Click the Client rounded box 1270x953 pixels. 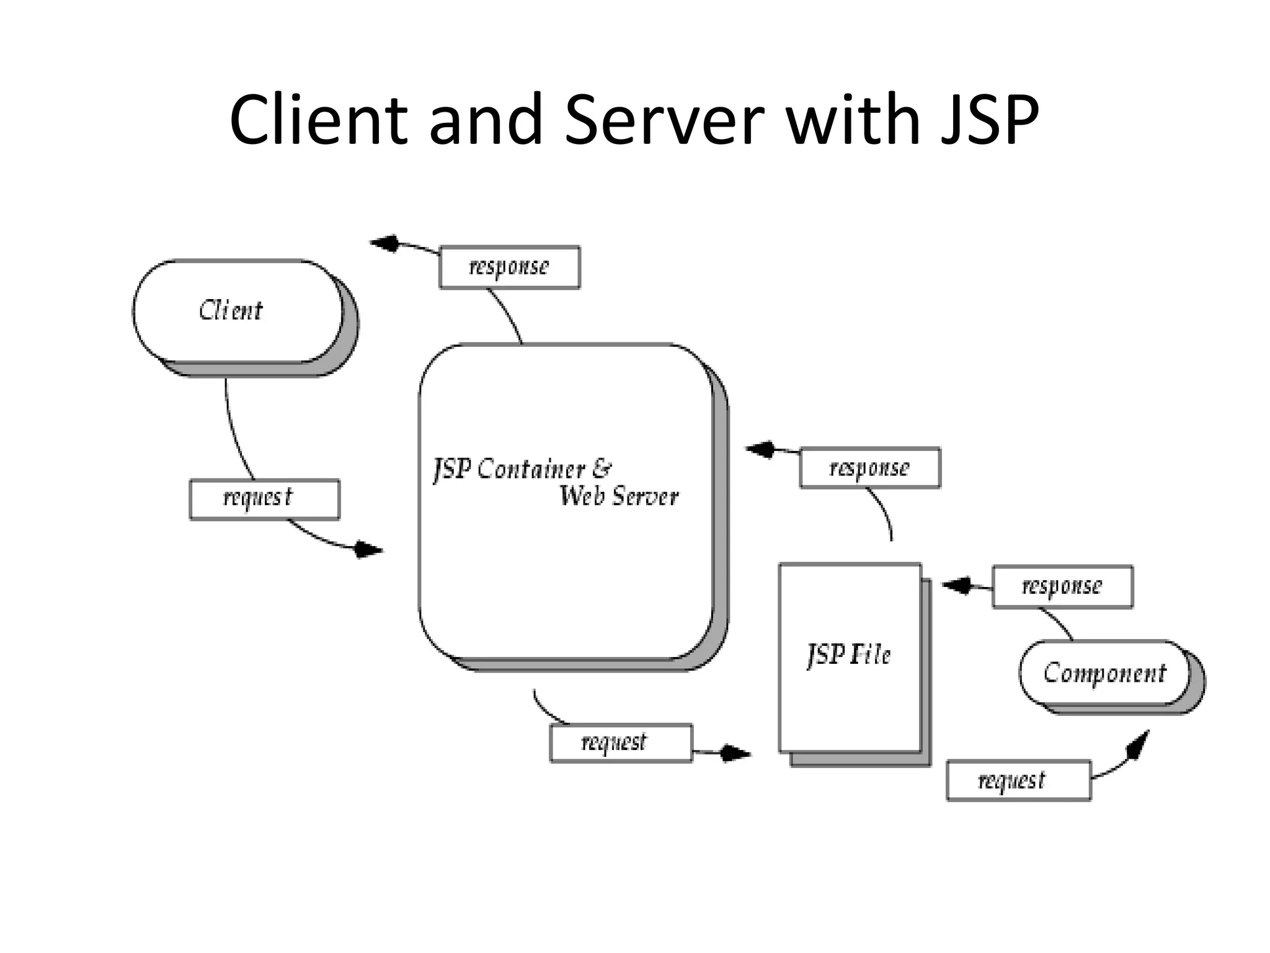[x=238, y=311]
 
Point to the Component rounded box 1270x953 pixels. [x=1104, y=673]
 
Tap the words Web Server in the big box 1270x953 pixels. [x=618, y=496]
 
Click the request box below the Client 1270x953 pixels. [x=264, y=499]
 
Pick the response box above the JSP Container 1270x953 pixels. [x=509, y=267]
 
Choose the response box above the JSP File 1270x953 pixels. [x=869, y=468]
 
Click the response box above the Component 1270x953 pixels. [x=1062, y=586]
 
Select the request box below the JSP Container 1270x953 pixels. [x=621, y=743]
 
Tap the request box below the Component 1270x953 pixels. [x=1018, y=781]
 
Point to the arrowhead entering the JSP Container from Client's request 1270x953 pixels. [x=368, y=550]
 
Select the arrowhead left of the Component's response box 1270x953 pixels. [x=957, y=585]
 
